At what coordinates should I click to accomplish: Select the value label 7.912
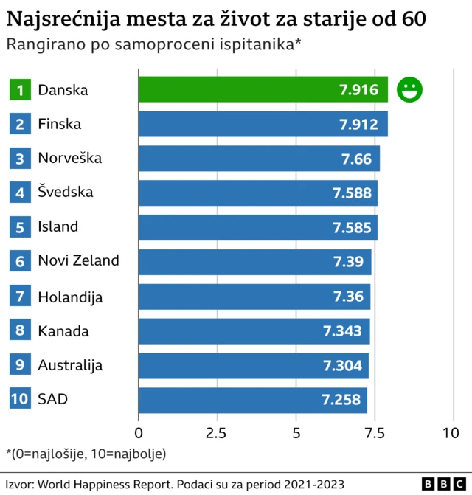pos(358,125)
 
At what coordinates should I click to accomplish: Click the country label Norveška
pos(70,158)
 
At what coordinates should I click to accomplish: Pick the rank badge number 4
pos(20,193)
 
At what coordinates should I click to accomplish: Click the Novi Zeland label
pos(78,260)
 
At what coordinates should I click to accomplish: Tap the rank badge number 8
pos(20,331)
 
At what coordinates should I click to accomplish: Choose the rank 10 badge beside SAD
pos(20,400)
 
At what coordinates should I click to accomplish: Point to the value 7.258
pos(341,400)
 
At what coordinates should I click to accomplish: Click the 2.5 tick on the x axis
pos(217,432)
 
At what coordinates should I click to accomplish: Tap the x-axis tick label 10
pos(449,432)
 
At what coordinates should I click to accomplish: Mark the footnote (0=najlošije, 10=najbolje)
pos(86,453)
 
